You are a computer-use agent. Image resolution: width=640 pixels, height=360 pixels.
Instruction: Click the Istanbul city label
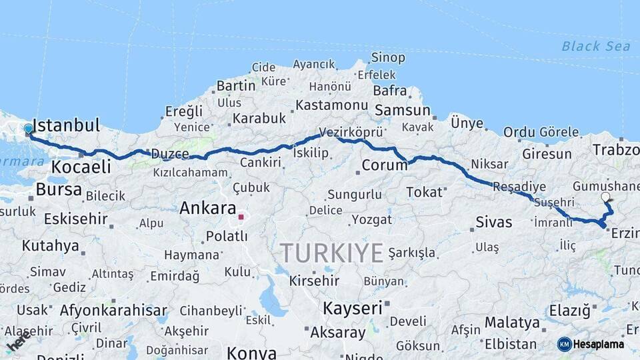pyautogui.click(x=66, y=125)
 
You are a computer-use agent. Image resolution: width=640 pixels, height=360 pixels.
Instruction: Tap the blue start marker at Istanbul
pyautogui.click(x=29, y=129)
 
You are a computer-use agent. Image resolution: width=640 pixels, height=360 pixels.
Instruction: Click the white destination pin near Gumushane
pyautogui.click(x=605, y=197)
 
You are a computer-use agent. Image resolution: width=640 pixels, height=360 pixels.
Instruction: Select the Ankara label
pyautogui.click(x=208, y=208)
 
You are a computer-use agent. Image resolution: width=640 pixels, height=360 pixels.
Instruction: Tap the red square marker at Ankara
pyautogui.click(x=241, y=217)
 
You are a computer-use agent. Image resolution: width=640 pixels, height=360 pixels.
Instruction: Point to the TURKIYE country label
pyautogui.click(x=331, y=253)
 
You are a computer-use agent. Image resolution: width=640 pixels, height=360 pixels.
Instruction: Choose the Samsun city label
pyautogui.click(x=402, y=110)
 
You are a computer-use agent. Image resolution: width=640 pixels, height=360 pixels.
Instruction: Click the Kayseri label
pyautogui.click(x=353, y=308)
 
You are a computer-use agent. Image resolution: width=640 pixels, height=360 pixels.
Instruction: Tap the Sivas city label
pyautogui.click(x=494, y=222)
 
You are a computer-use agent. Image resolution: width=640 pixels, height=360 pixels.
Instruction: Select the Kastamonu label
pyautogui.click(x=331, y=105)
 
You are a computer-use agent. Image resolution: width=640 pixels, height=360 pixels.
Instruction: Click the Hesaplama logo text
pyautogui.click(x=598, y=345)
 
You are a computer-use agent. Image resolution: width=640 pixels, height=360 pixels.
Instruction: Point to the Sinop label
pyautogui.click(x=388, y=58)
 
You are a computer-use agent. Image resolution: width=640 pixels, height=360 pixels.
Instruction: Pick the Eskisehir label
pyautogui.click(x=76, y=219)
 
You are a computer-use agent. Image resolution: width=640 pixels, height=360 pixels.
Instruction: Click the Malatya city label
pyautogui.click(x=512, y=323)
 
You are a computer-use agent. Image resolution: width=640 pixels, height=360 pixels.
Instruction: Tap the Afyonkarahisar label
pyautogui.click(x=113, y=310)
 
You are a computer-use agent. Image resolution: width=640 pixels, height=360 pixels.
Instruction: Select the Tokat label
pyautogui.click(x=424, y=192)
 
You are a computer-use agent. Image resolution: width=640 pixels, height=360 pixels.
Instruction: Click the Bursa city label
pyautogui.click(x=59, y=189)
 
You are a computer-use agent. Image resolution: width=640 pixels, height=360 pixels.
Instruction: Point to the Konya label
pyautogui.click(x=251, y=352)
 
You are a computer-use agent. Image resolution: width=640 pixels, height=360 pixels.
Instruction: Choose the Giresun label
pyautogui.click(x=547, y=154)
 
